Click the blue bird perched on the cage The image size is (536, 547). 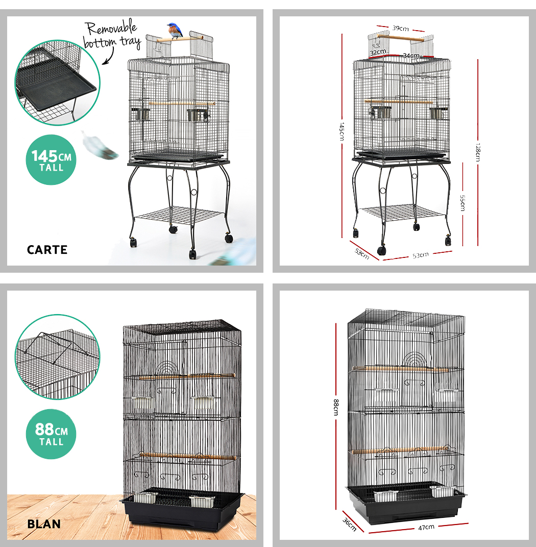tap(175, 31)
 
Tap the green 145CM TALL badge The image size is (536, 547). tap(51, 160)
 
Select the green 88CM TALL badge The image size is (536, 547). tap(51, 434)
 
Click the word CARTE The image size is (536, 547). tap(47, 250)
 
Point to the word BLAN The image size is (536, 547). tap(44, 524)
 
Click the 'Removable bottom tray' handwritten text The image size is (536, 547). tap(112, 35)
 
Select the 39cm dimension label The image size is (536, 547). tap(400, 28)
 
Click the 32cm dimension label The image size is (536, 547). tap(378, 52)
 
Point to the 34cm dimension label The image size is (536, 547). tap(411, 56)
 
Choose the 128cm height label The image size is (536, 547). tap(478, 152)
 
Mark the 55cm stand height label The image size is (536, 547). tap(462, 203)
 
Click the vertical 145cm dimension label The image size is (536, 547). tap(342, 132)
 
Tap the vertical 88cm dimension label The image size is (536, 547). tap(336, 407)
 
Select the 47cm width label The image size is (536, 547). tap(426, 527)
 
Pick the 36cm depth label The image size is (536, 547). tap(350, 525)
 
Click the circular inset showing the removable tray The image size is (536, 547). tap(58, 82)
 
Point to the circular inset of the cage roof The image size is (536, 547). tap(58, 357)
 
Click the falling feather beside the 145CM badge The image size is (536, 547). tap(100, 146)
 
